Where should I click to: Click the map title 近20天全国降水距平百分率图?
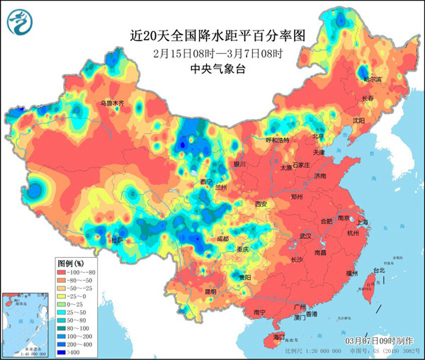click(x=217, y=34)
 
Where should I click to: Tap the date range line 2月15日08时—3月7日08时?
click(x=217, y=53)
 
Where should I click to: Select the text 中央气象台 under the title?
click(x=217, y=69)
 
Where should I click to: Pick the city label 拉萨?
click(x=116, y=241)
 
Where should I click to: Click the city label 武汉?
click(x=305, y=235)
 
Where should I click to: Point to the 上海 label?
click(x=362, y=222)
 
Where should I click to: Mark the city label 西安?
click(x=261, y=204)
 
